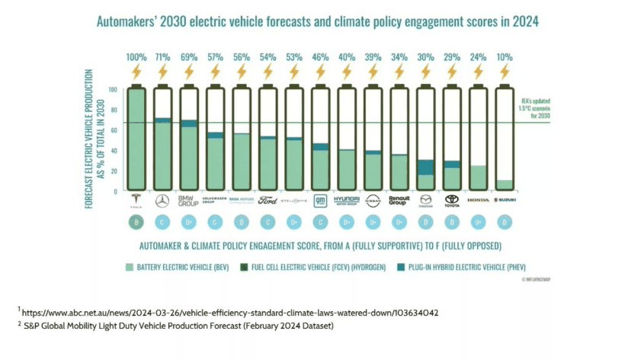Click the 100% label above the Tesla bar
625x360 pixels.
[136, 57]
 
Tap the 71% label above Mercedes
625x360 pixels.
[162, 57]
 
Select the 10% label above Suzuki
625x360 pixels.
[505, 57]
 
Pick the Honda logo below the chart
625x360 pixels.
[479, 200]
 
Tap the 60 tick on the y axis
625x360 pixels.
[115, 130]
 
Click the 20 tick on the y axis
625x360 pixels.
[115, 170]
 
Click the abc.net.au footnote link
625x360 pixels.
[229, 312]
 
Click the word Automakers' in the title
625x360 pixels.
[128, 22]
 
